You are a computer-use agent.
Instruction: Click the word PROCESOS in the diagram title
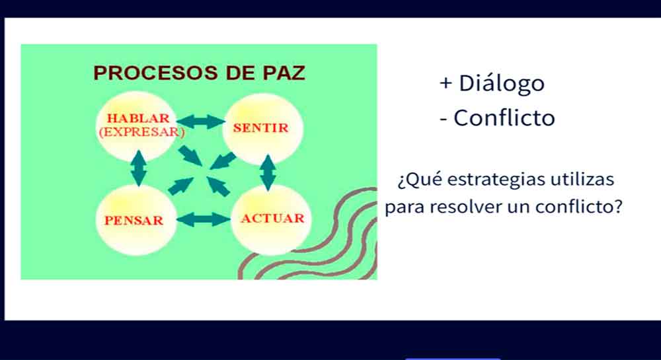point(155,73)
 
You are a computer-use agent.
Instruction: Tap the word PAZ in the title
point(284,73)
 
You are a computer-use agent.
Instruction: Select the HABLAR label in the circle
point(138,118)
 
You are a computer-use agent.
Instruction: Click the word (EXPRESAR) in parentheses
point(141,132)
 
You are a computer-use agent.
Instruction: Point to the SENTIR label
point(260,127)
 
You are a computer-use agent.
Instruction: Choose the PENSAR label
point(134,220)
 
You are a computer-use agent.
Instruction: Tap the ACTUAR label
point(272,218)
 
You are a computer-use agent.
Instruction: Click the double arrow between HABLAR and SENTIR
point(201,122)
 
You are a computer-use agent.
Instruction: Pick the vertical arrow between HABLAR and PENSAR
point(139,168)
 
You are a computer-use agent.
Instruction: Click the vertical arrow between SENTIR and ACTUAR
point(268,172)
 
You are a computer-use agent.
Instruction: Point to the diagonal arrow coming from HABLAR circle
point(190,155)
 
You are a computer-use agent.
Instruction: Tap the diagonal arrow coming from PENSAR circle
point(180,186)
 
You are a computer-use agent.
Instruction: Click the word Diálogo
point(502,83)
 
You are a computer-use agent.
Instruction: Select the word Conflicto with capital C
point(504,118)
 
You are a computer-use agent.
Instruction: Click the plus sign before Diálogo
point(446,83)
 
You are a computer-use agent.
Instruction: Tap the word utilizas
point(582,179)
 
